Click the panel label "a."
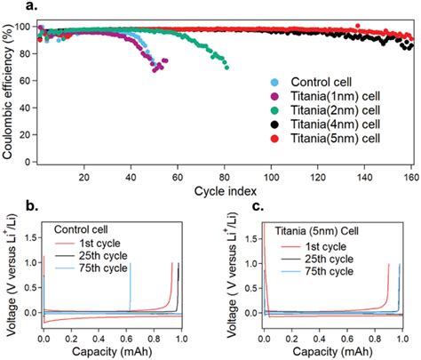(x=12, y=6)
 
